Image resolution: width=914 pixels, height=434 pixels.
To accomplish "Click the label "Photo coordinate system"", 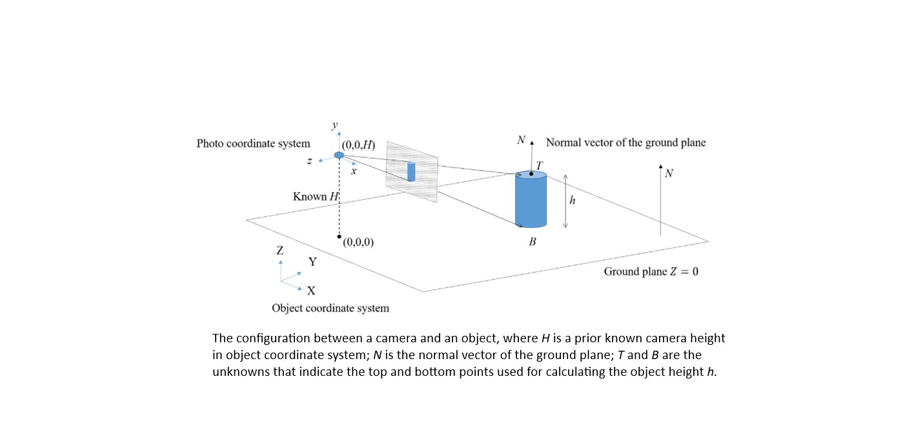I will click(x=253, y=143).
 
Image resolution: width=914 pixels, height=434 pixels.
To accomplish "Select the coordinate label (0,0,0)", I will click(x=359, y=243).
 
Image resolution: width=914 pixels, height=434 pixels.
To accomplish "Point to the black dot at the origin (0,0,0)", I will click(x=340, y=237).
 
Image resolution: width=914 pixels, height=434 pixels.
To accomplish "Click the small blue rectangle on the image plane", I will click(x=411, y=172).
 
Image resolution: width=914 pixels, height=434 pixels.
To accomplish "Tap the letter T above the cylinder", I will click(x=540, y=164).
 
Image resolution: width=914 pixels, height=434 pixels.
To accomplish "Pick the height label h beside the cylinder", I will click(x=572, y=201).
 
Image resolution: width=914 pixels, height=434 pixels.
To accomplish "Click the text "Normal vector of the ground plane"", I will click(x=625, y=143).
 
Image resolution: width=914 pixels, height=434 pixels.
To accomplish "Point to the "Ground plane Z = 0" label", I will click(x=651, y=271).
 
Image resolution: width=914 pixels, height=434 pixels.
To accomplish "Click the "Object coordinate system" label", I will click(x=330, y=308).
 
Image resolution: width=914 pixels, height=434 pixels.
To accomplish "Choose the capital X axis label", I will click(x=311, y=291).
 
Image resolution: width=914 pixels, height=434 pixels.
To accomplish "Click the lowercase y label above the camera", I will click(x=334, y=125).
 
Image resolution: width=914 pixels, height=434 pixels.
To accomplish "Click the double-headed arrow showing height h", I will click(x=565, y=201).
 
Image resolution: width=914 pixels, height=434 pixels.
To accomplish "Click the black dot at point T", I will click(x=531, y=174).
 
